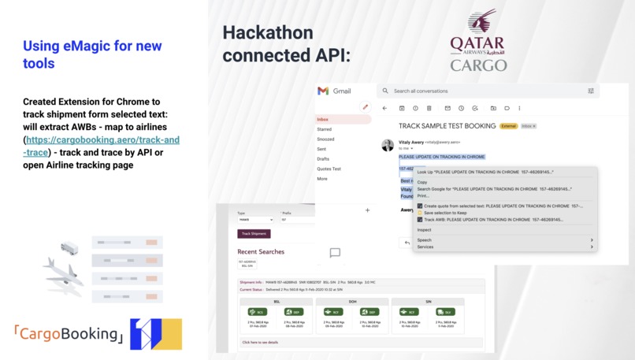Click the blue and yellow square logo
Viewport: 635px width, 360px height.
click(155, 334)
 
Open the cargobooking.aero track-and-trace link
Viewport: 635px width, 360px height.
click(102, 146)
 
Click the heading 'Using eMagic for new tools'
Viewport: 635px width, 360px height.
click(92, 54)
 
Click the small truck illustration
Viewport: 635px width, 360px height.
click(69, 248)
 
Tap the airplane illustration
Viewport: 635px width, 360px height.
click(63, 272)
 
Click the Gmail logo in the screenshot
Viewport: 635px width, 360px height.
click(333, 91)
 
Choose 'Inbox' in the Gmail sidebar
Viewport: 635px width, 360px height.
click(323, 120)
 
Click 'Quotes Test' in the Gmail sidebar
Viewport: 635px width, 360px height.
click(329, 169)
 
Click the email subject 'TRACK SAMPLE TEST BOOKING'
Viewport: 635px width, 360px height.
click(447, 126)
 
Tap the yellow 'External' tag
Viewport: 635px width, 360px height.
click(509, 126)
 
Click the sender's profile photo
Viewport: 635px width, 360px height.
click(388, 145)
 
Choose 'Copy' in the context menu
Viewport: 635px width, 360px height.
click(423, 182)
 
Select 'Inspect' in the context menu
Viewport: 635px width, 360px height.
click(425, 230)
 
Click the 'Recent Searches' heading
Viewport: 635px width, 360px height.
click(261, 251)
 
